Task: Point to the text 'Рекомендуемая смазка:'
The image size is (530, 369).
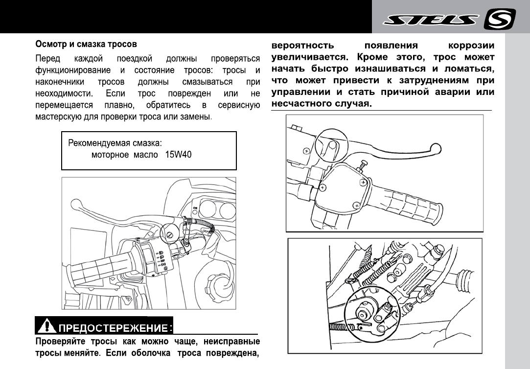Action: pos(115,144)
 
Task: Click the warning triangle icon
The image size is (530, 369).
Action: pos(47,325)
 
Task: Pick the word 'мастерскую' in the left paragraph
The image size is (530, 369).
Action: pos(58,117)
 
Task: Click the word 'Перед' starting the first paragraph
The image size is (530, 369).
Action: pos(47,59)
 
